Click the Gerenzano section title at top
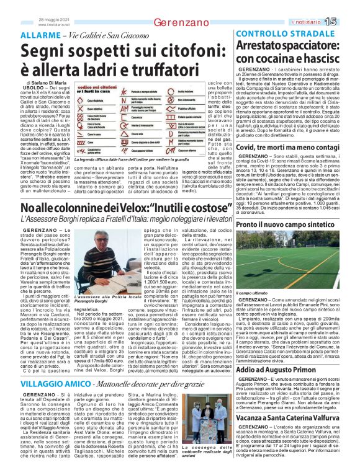click(181, 22)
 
